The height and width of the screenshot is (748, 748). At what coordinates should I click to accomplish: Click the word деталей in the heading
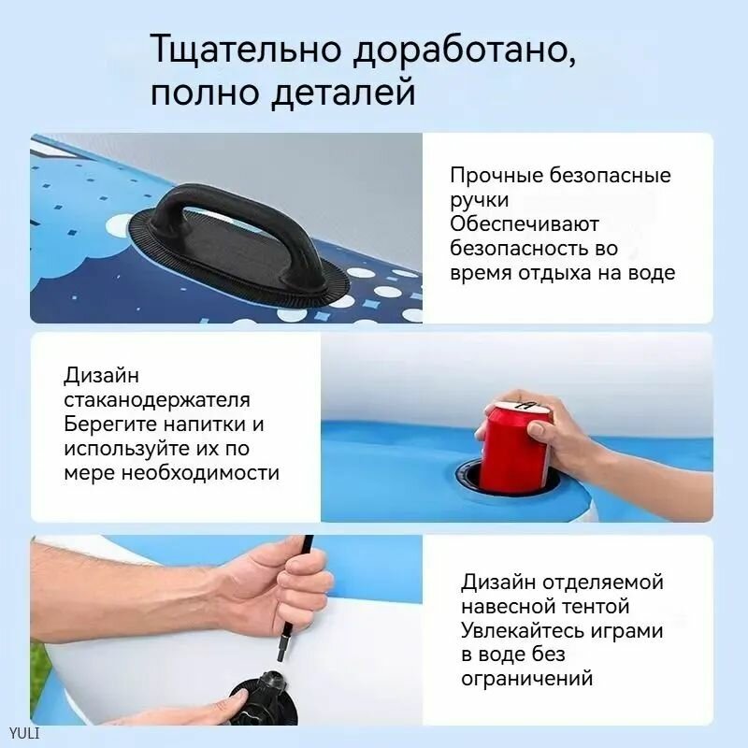(343, 91)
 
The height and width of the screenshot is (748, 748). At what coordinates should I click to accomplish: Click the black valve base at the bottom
(264, 697)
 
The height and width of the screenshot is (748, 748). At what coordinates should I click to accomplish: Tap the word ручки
(480, 201)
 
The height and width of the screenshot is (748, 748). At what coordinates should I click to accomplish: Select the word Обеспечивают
(524, 223)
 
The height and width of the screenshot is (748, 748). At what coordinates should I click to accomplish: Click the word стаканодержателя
(157, 400)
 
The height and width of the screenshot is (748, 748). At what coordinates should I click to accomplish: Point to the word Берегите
(110, 424)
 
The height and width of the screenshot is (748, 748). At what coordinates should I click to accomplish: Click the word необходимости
(200, 473)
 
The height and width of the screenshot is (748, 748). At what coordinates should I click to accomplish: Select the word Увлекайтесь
(523, 630)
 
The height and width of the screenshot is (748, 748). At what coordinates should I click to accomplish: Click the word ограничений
(526, 678)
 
